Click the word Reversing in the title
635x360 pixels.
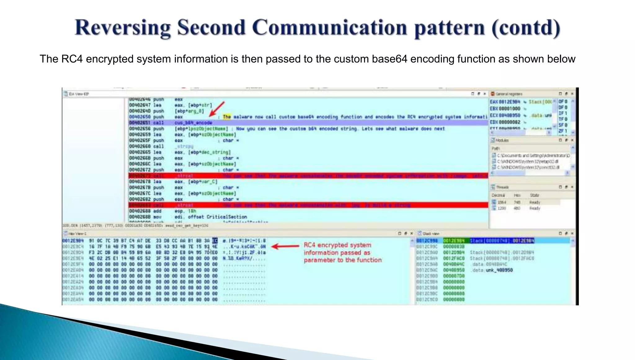point(122,28)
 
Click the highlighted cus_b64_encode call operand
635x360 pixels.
point(193,123)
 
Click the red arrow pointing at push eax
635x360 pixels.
point(217,109)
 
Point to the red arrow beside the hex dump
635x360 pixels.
point(285,247)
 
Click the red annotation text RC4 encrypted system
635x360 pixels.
point(337,245)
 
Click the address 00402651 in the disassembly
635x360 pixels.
point(140,123)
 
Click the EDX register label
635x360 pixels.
point(494,122)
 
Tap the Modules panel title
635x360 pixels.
point(502,140)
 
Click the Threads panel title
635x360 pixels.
point(502,187)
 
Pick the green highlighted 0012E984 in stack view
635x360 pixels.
point(454,241)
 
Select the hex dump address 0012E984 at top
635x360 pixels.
point(73,241)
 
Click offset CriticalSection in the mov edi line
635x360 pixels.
point(217,217)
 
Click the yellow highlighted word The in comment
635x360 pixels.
point(227,117)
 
